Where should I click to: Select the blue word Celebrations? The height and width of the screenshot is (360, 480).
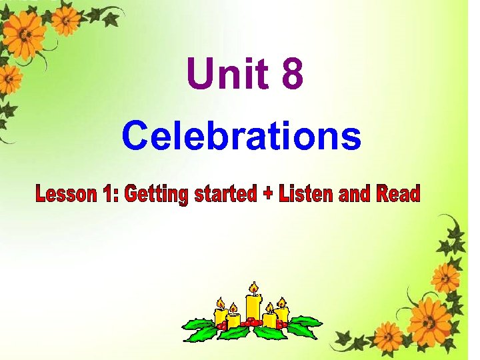(241, 136)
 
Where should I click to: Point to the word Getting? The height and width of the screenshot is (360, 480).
(157, 195)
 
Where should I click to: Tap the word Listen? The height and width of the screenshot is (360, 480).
(305, 194)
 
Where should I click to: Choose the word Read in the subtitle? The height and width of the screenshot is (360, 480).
(398, 194)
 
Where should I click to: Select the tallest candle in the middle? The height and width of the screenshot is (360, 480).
(253, 307)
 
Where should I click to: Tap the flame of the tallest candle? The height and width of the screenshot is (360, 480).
(253, 288)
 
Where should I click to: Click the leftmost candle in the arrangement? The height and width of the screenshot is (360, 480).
(221, 316)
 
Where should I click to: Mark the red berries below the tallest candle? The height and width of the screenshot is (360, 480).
(252, 323)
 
